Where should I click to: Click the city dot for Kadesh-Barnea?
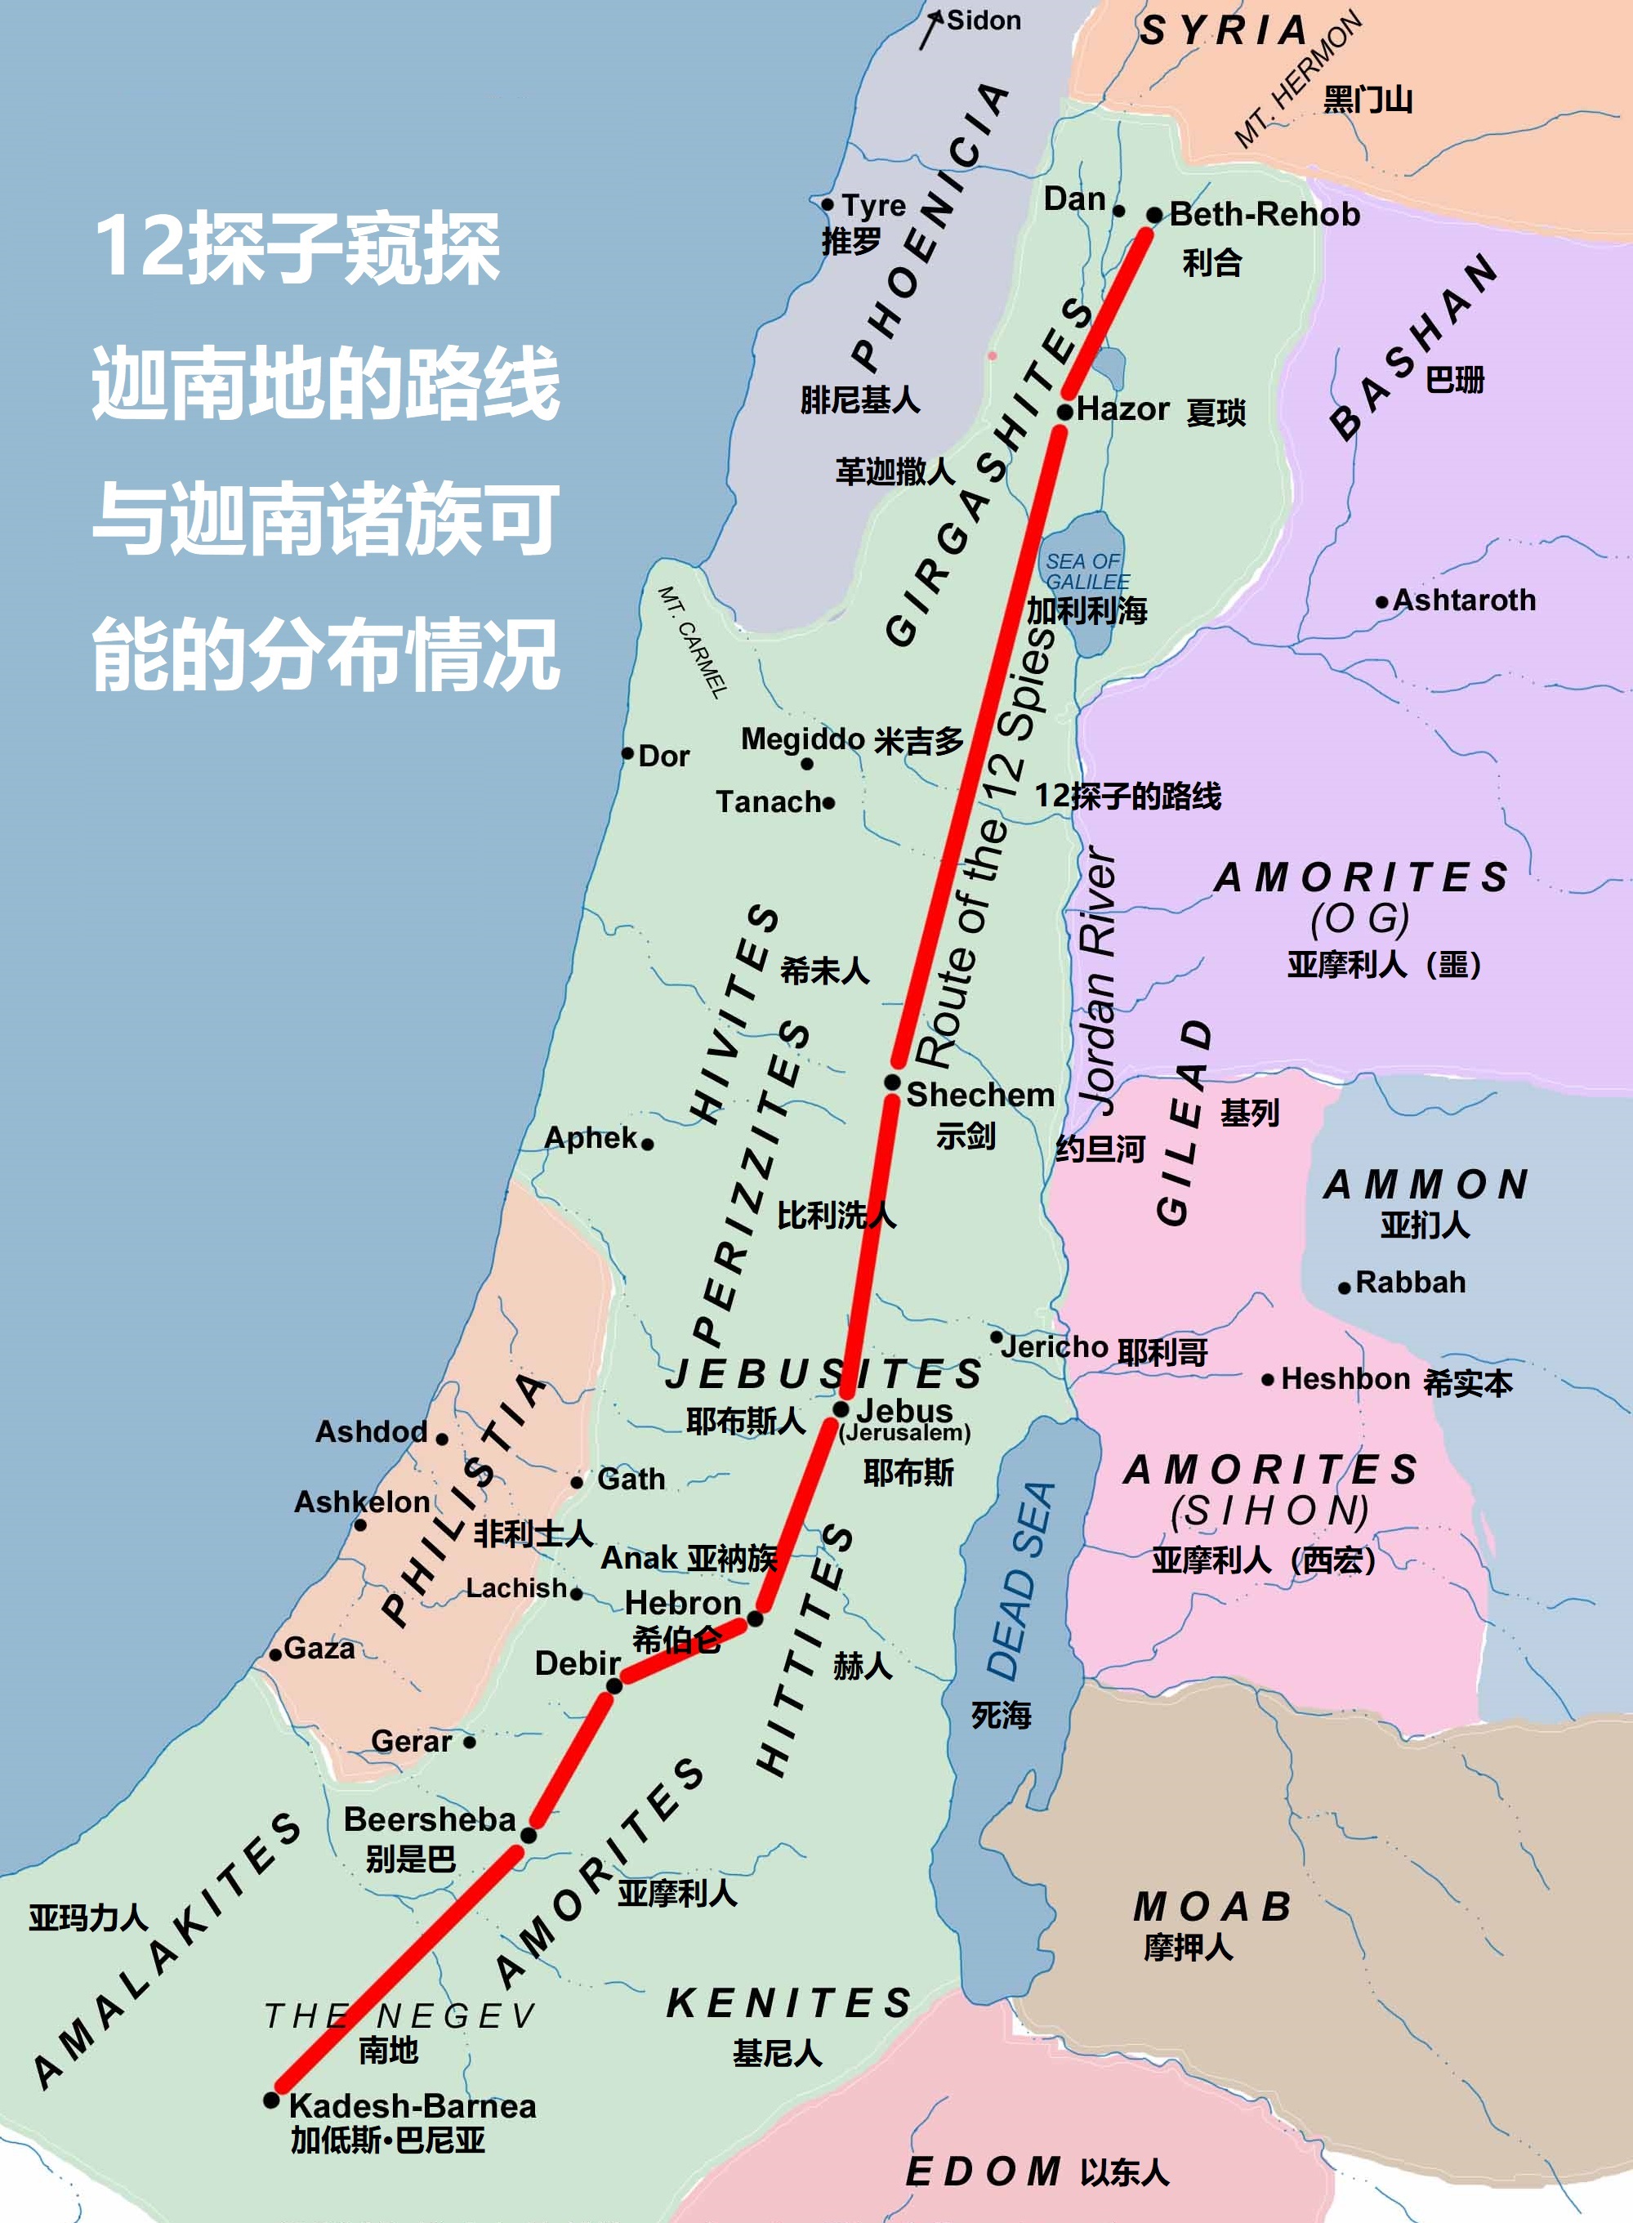(x=272, y=2100)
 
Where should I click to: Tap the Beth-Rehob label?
(x=1265, y=215)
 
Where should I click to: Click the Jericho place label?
(x=1055, y=1346)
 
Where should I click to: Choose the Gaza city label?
(x=319, y=1649)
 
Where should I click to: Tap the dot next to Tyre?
(x=828, y=204)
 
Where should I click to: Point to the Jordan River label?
(x=1098, y=979)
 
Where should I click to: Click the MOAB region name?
(x=1213, y=1907)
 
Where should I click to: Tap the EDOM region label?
(x=983, y=2172)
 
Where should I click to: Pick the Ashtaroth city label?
(x=1464, y=600)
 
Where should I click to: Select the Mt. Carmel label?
(x=693, y=641)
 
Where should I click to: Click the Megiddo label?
(x=803, y=739)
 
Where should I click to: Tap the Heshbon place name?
(x=1345, y=1379)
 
